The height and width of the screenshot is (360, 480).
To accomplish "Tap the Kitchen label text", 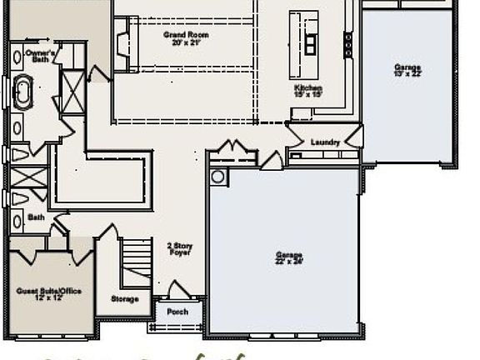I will pos(307,88).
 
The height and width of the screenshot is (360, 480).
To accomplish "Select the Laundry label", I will pos(325,142).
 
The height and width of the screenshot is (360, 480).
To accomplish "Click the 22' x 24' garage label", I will pos(289,259).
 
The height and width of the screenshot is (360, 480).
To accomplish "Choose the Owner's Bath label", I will pos(23,57).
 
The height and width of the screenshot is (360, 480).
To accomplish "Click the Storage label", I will pos(125,298).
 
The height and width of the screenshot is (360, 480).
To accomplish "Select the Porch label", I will pos(177,312).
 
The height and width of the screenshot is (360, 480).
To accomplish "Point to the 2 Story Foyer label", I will pos(179,248).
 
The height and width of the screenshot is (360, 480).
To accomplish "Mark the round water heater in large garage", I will pos(218,177).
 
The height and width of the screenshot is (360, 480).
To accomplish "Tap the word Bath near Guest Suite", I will pos(36,217).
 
